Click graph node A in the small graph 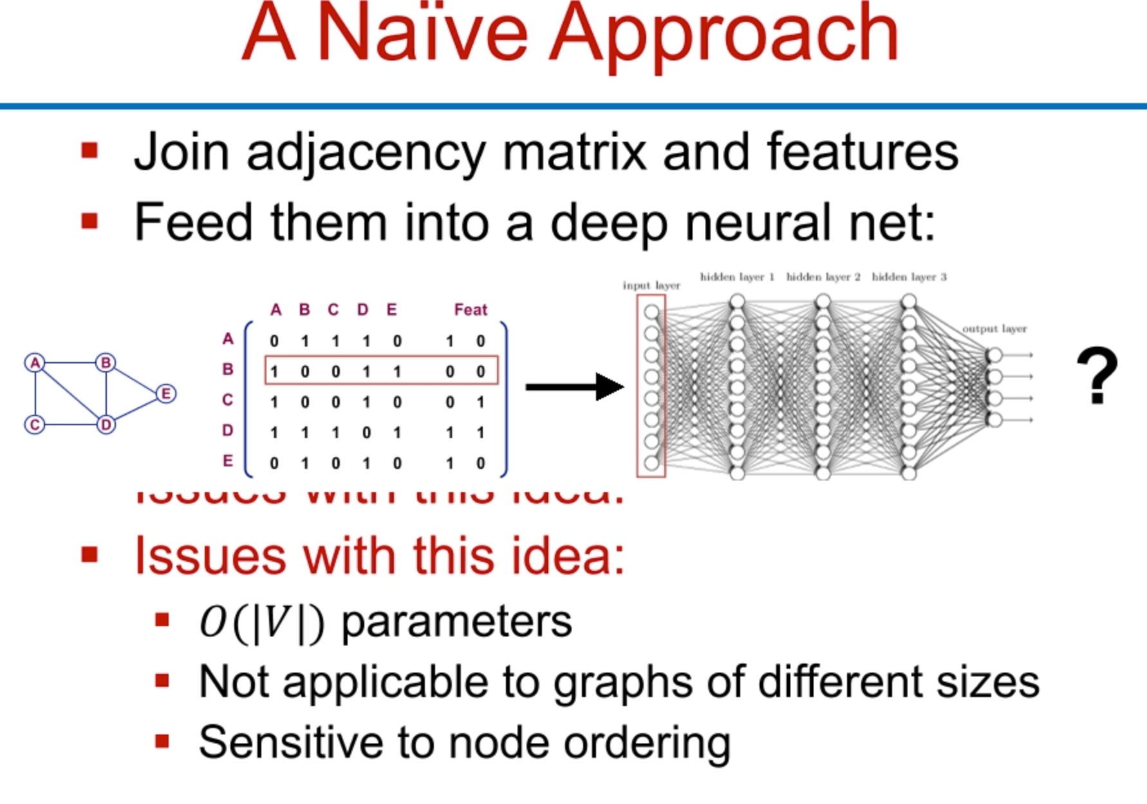[35, 363]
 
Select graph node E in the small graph [166, 394]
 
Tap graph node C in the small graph [35, 425]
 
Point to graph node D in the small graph [106, 425]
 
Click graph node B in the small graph [106, 363]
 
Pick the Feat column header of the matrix [471, 310]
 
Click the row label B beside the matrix [228, 370]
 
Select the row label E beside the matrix [228, 461]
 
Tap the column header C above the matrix [333, 310]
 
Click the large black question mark [1097, 376]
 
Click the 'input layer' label [651, 285]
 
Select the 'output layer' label [994, 329]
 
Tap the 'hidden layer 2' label [823, 277]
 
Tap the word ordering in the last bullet [647, 743]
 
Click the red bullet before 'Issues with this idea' [89, 555]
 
